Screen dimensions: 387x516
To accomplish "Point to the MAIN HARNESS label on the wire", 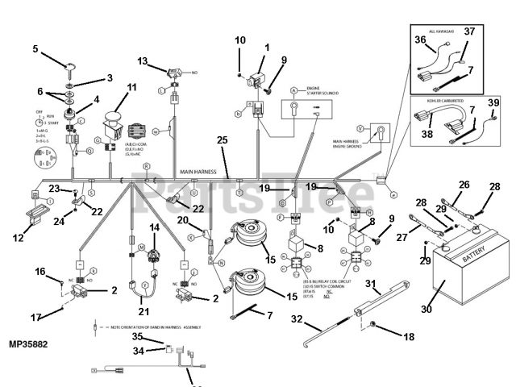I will coord(198,172).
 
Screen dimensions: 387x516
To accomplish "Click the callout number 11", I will coord(131,87).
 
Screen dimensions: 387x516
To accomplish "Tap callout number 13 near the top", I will coord(142,61).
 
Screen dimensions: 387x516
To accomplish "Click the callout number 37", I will coord(469,31).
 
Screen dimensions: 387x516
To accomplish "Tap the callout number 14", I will coord(155,228).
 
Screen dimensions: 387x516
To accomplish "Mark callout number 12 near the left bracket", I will coord(18,237).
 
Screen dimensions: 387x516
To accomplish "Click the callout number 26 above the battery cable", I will coord(464,185).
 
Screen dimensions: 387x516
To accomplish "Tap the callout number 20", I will coord(183,220).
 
